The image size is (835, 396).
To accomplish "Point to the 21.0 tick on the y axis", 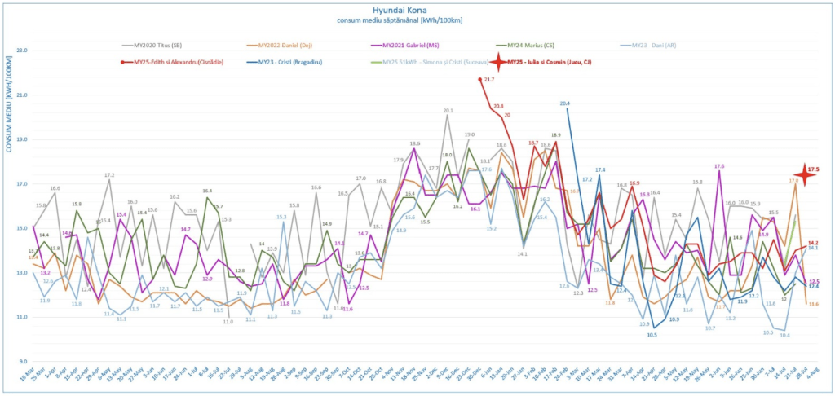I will click(22, 95).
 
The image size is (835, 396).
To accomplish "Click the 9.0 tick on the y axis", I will click(22, 361).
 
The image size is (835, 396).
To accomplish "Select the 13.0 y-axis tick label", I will click(22, 272).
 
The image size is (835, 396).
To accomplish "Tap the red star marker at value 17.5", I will click(806, 174).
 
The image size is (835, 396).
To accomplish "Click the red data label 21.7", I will click(489, 80).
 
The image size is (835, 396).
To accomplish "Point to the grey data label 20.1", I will click(448, 110).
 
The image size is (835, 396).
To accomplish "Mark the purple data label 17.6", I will click(718, 166).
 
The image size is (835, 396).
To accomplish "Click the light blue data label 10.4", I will click(784, 335).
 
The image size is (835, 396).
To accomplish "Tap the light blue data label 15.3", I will click(281, 217).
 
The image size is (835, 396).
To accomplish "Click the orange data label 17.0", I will click(793, 180).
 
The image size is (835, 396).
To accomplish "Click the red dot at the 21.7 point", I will click(479, 79).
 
